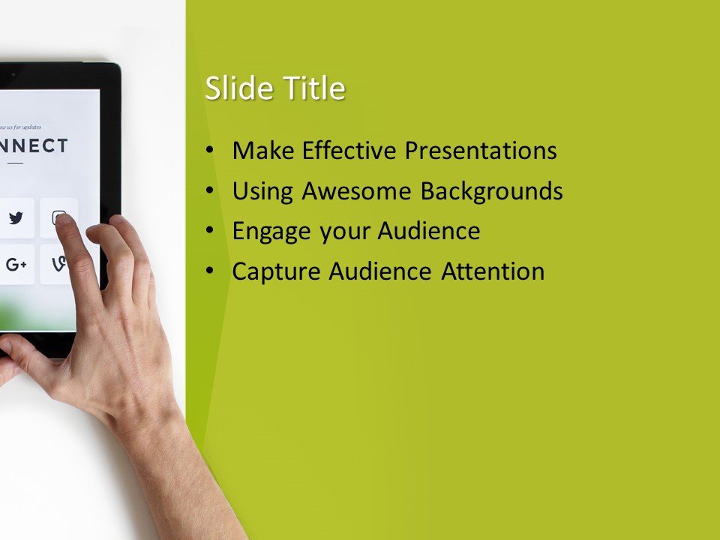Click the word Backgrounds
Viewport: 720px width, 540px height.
(x=491, y=191)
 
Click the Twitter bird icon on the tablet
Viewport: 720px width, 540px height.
(x=16, y=218)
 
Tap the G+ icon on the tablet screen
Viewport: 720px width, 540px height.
(x=16, y=264)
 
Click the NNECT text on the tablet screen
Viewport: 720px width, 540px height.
(x=34, y=145)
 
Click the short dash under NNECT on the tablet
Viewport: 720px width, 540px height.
(x=16, y=163)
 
